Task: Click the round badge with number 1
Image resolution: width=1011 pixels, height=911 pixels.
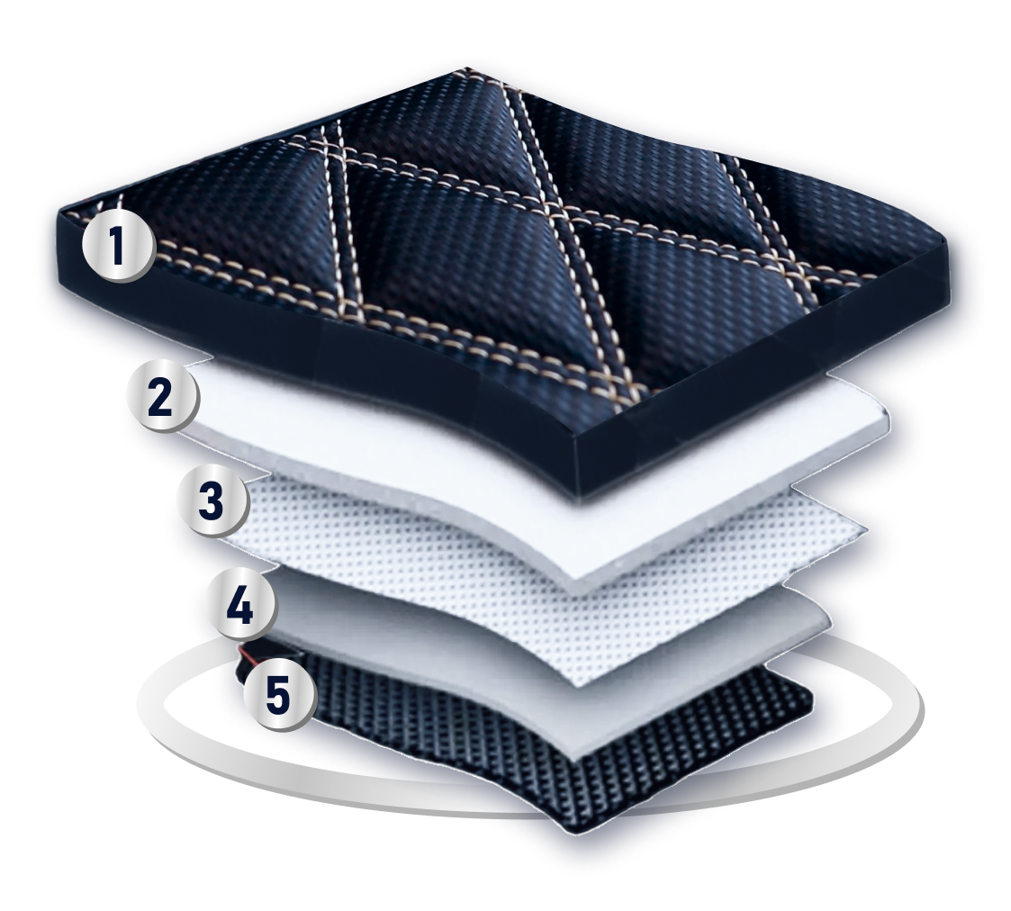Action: (x=117, y=246)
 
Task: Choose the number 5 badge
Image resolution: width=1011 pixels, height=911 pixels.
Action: (x=278, y=695)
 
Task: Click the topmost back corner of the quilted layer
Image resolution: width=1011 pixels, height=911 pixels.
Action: (x=465, y=67)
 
